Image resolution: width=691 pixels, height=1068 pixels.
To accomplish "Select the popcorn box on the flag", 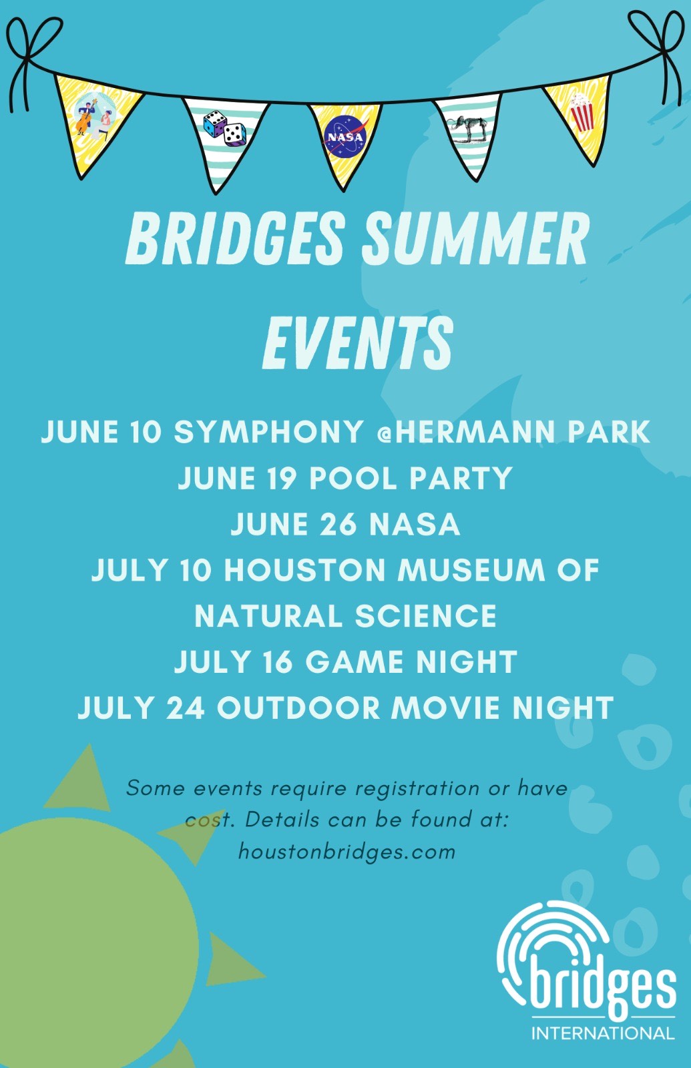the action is (x=582, y=113).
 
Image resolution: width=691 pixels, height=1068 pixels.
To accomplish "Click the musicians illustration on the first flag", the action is (x=94, y=117).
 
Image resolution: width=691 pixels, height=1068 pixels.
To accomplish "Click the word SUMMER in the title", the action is (x=474, y=238).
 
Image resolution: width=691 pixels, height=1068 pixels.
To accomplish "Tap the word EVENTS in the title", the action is (x=358, y=342).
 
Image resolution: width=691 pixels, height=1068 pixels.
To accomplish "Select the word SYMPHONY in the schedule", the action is (x=268, y=432).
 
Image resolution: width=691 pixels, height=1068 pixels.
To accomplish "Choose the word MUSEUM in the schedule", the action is (x=471, y=570).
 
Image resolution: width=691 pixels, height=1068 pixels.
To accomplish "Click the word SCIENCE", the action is (x=425, y=615).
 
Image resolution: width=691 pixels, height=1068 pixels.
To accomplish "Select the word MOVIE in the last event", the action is (x=447, y=708).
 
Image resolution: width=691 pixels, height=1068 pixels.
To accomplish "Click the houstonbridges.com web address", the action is (x=347, y=851).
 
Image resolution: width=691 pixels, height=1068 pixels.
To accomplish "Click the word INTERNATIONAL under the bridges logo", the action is (x=603, y=1033).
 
